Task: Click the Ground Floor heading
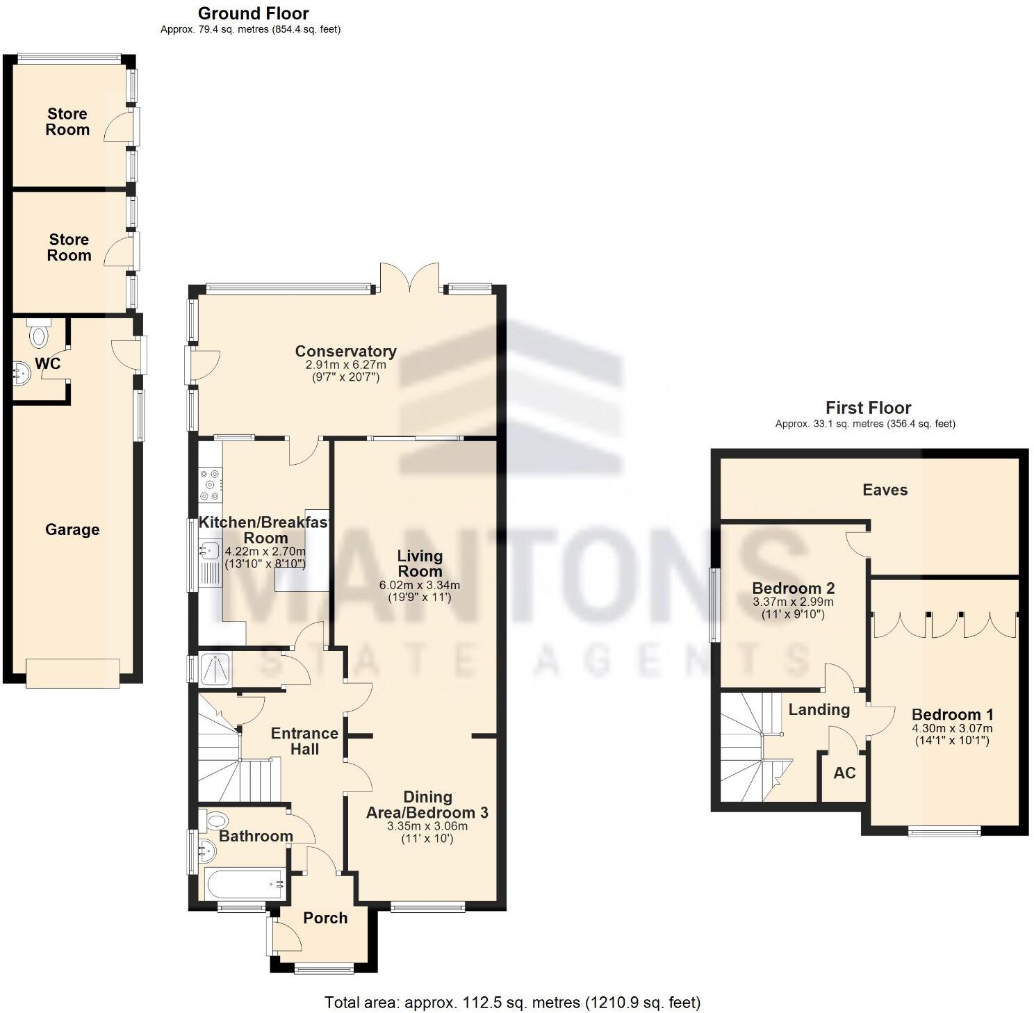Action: pyautogui.click(x=253, y=13)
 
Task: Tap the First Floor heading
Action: pyautogui.click(x=868, y=408)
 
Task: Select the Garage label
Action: pyautogui.click(x=72, y=529)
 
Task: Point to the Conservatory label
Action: pyautogui.click(x=345, y=351)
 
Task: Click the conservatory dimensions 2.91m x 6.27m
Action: pyautogui.click(x=345, y=365)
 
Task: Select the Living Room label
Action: pyautogui.click(x=419, y=563)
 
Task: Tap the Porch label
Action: pyautogui.click(x=325, y=918)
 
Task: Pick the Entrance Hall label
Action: pyautogui.click(x=304, y=741)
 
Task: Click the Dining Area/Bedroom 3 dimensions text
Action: pyautogui.click(x=427, y=827)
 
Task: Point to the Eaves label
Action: pyautogui.click(x=885, y=490)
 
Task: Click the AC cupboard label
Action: pyautogui.click(x=844, y=773)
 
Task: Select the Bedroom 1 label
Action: pyautogui.click(x=952, y=714)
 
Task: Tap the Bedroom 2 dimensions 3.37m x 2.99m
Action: pyautogui.click(x=793, y=602)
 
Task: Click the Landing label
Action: pyautogui.click(x=819, y=709)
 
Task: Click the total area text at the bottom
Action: pyautogui.click(x=512, y=1002)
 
